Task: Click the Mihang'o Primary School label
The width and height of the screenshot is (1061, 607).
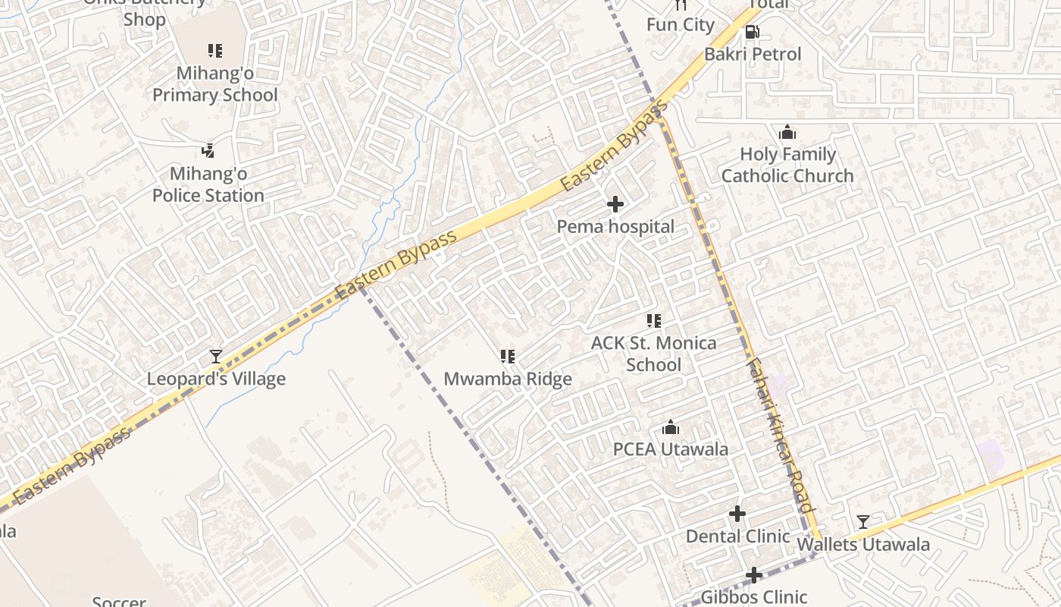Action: click(x=215, y=84)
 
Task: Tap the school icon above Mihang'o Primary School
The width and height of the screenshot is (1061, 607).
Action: click(x=215, y=51)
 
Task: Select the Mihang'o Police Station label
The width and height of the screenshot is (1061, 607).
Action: click(x=208, y=184)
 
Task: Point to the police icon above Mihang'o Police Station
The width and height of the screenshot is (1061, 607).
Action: click(x=208, y=151)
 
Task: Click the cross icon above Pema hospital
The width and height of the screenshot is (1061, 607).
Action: click(x=615, y=204)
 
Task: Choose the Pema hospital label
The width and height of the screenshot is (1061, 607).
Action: click(x=615, y=226)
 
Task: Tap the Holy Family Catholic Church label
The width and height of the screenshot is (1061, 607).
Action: click(x=787, y=165)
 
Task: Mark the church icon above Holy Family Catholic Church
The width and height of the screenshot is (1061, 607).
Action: click(x=787, y=133)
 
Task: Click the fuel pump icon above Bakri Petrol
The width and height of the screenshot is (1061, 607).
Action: click(x=753, y=32)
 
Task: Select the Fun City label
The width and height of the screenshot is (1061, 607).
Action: click(x=680, y=24)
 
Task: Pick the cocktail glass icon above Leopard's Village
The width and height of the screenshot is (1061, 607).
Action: click(x=216, y=356)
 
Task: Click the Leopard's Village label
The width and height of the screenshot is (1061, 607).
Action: click(x=216, y=379)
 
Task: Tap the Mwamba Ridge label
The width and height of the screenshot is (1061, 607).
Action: click(x=508, y=379)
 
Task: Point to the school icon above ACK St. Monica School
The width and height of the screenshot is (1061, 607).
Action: click(x=654, y=321)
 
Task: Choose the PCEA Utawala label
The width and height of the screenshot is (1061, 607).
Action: click(x=671, y=448)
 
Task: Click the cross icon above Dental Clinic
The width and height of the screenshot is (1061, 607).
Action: click(x=737, y=514)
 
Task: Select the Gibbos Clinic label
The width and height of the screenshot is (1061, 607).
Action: click(x=753, y=597)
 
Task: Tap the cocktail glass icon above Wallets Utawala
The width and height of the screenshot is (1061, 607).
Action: click(x=863, y=522)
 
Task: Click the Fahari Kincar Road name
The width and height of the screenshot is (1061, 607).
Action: click(x=781, y=436)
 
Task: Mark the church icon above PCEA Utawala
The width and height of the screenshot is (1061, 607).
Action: click(x=671, y=428)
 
